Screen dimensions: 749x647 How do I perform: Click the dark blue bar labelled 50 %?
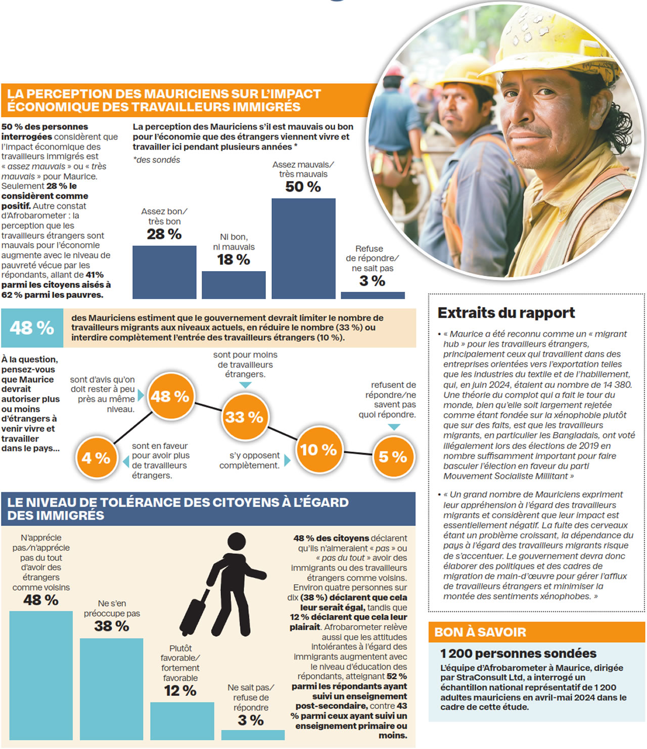303,248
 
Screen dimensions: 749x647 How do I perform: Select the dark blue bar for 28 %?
164,272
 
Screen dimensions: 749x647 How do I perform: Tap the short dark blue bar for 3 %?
373,295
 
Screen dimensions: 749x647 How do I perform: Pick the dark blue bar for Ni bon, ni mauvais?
234,284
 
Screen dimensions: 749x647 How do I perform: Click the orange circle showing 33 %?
245,417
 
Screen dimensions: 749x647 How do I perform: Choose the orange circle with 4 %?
96,458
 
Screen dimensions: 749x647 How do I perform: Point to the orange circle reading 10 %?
318,449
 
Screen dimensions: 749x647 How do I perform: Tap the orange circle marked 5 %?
393,457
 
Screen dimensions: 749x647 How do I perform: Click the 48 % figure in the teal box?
32,328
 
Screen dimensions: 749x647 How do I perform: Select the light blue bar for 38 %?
111,688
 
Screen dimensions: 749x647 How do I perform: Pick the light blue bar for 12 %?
181,720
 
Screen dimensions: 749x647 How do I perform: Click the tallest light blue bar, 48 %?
41,675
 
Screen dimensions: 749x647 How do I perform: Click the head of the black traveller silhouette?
236,541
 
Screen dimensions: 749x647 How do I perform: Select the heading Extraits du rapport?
506,313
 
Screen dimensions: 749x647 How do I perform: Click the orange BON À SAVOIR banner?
536,632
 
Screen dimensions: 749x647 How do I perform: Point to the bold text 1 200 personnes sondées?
518,653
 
